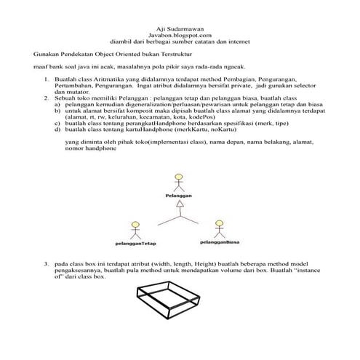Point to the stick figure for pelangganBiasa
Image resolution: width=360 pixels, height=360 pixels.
[220, 228]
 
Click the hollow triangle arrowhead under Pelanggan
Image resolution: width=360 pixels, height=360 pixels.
[178, 208]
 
